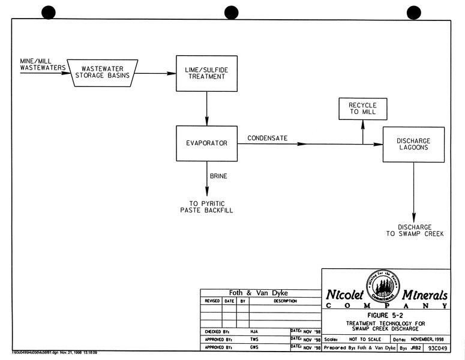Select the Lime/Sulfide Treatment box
coord(206,73)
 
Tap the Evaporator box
coord(206,143)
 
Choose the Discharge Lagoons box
coord(413,144)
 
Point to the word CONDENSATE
coord(268,139)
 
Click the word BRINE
coord(218,176)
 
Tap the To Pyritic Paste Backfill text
coord(206,207)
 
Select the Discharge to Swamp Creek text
coord(414,230)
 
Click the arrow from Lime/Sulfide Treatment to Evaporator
coord(206,109)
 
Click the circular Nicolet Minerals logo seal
coord(383,286)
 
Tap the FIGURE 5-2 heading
coord(386,314)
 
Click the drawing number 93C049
coord(437,348)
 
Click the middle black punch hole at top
coord(232,12)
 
